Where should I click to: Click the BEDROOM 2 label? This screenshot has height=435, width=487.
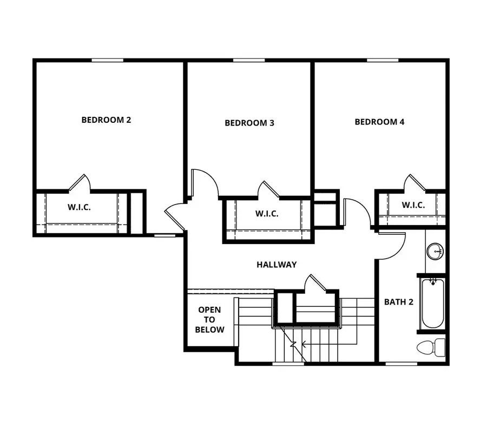(x=106, y=120)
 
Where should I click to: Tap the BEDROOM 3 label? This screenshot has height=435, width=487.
(x=249, y=123)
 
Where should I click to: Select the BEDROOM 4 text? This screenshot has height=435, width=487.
(x=379, y=122)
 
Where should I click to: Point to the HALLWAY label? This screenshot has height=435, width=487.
(x=277, y=265)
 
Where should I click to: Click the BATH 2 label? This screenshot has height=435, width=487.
(x=399, y=302)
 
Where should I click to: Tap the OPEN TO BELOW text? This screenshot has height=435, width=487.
(x=209, y=320)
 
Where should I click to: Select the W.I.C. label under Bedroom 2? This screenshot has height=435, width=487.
(x=79, y=207)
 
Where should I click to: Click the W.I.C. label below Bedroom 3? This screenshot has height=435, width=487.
(x=267, y=214)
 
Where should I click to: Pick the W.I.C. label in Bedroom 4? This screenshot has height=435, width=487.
(x=413, y=206)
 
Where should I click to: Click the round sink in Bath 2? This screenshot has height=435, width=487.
(x=435, y=252)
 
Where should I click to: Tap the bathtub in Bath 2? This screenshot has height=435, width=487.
(x=433, y=303)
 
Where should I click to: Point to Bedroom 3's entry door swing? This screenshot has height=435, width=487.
(x=206, y=183)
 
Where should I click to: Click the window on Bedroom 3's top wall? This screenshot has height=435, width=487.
(x=248, y=60)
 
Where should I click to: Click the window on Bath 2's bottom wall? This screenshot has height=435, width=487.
(x=400, y=364)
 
